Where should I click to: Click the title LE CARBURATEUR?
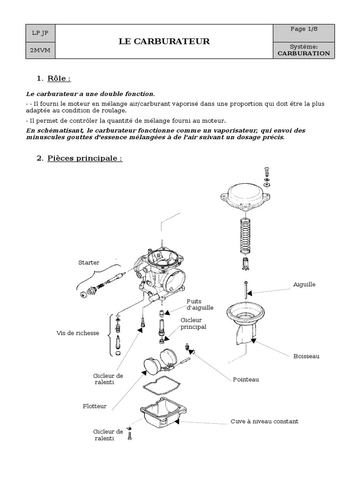[x=164, y=42]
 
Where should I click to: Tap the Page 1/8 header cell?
[x=304, y=29]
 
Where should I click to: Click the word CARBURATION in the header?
[x=304, y=53]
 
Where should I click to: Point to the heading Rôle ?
[x=59, y=78]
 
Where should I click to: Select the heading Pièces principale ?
[x=84, y=158]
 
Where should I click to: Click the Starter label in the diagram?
[x=89, y=262]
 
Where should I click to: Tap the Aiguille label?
[x=304, y=285]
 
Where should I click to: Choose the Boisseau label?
[x=306, y=356]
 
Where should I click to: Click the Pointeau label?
[x=246, y=379]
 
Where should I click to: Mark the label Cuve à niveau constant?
[x=264, y=421]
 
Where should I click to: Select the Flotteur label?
[x=93, y=406]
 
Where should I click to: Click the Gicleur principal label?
[x=193, y=323]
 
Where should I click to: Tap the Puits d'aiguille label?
[x=200, y=305]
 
